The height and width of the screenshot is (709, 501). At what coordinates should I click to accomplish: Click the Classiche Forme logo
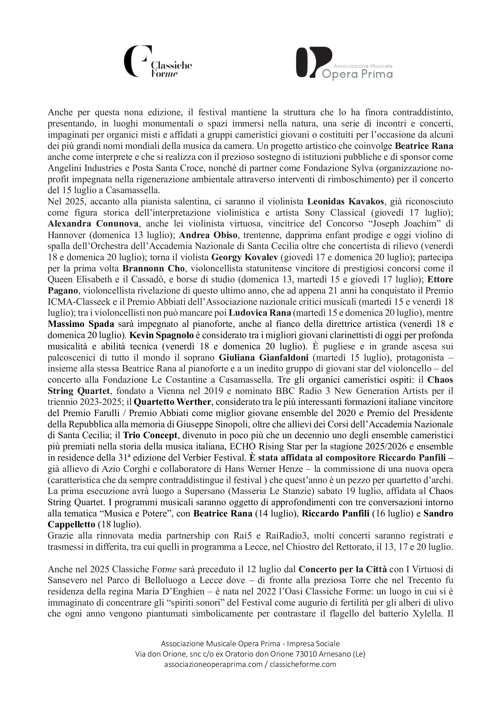(157, 62)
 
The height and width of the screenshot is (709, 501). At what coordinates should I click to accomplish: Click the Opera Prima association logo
(344, 63)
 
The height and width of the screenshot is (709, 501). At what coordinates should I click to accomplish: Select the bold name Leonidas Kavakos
(346, 202)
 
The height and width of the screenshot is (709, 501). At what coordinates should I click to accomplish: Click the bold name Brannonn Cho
(153, 268)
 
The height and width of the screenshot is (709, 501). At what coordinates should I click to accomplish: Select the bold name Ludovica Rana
(259, 313)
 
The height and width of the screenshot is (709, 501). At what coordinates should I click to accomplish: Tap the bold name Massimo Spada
(81, 324)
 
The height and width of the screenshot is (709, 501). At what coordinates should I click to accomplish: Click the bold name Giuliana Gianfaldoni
(264, 358)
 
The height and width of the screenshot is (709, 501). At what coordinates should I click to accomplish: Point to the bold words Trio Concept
(150, 435)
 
